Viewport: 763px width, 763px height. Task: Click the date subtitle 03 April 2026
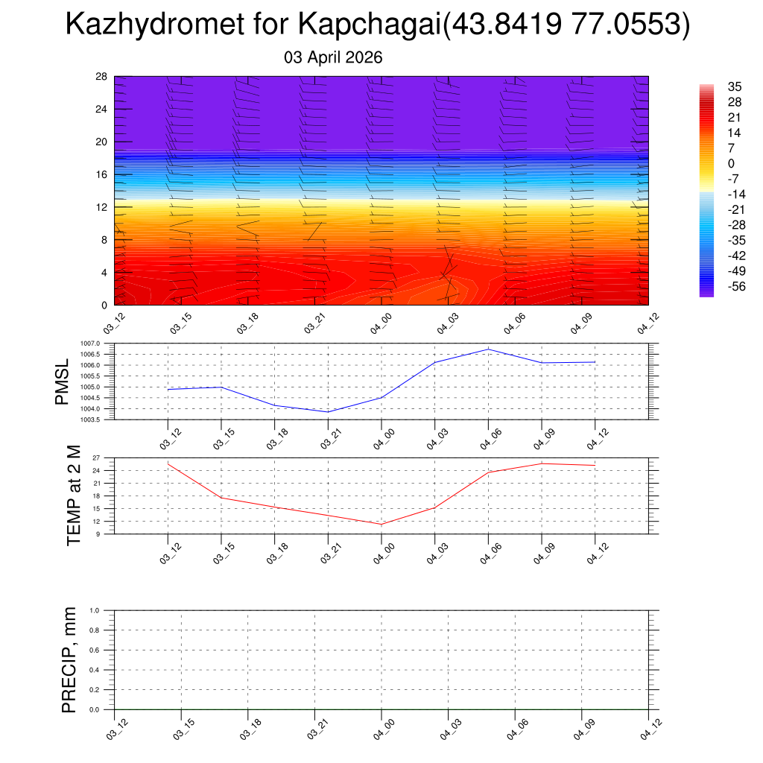click(333, 57)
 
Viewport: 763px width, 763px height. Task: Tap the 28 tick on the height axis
click(102, 77)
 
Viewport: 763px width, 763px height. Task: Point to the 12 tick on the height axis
click(102, 207)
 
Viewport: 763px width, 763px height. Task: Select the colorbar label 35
click(735, 86)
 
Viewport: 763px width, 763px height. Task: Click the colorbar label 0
click(731, 164)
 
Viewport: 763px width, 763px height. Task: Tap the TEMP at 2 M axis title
click(73, 496)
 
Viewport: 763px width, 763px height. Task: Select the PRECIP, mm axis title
click(69, 659)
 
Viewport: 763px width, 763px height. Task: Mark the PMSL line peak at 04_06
click(488, 349)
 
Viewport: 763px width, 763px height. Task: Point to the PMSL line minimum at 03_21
click(328, 412)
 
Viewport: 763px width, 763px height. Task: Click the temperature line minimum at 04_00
click(381, 525)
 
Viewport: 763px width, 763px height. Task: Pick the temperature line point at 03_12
click(168, 464)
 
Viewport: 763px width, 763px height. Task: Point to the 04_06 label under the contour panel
click(515, 323)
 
